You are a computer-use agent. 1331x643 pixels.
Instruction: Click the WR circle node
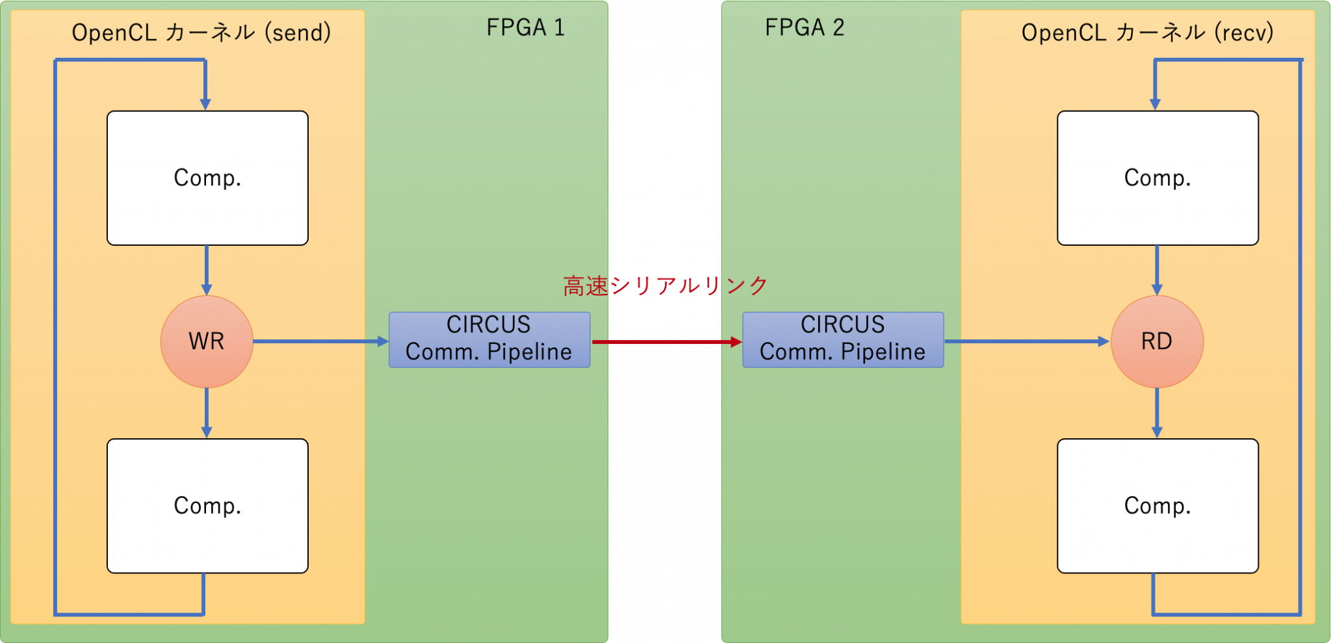[207, 341]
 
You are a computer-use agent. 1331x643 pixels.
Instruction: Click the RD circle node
[1157, 341]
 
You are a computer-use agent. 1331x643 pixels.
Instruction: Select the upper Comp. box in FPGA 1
[207, 177]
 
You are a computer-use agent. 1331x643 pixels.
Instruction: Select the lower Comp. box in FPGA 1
[207, 505]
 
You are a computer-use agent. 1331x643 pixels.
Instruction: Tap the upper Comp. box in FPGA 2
[1157, 177]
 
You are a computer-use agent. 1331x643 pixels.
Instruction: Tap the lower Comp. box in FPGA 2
[1157, 505]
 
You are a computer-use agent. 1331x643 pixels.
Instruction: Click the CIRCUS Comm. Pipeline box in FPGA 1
[489, 339]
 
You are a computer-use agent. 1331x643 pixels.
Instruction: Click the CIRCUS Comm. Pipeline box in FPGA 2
[843, 339]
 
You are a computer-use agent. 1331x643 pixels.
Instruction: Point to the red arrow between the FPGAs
[666, 342]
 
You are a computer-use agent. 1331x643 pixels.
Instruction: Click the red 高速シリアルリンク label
[665, 285]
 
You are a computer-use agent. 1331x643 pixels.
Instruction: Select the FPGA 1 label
[525, 28]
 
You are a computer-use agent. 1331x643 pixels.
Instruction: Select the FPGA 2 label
[805, 28]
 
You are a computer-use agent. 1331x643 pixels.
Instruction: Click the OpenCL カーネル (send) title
[201, 33]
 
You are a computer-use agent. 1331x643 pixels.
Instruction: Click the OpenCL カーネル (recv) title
[1147, 33]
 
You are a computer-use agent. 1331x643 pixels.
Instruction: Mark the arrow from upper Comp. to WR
[207, 270]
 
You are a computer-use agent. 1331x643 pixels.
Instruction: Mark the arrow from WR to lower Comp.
[207, 413]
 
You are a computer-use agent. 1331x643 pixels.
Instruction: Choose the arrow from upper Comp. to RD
[1157, 270]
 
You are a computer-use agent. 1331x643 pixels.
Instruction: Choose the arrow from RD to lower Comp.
[1157, 413]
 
